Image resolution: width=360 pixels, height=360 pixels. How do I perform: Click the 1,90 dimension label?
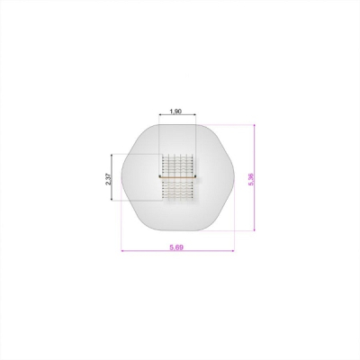tap(175, 112)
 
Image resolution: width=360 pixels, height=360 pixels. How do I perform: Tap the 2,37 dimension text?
tap(108, 179)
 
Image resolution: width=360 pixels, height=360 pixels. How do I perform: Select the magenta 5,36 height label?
tap(251, 179)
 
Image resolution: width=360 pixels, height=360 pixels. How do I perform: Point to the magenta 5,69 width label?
tap(176, 247)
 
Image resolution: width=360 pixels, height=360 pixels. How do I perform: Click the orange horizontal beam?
tap(177, 177)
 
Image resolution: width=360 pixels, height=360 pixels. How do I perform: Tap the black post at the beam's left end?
tap(159, 176)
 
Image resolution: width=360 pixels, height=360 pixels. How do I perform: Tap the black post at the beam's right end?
tap(195, 176)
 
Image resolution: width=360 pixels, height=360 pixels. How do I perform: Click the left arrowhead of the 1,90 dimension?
tap(160, 114)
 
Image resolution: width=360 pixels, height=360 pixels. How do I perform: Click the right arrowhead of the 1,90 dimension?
tap(194, 114)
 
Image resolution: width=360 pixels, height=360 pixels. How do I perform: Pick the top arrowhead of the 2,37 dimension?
tap(112, 156)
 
